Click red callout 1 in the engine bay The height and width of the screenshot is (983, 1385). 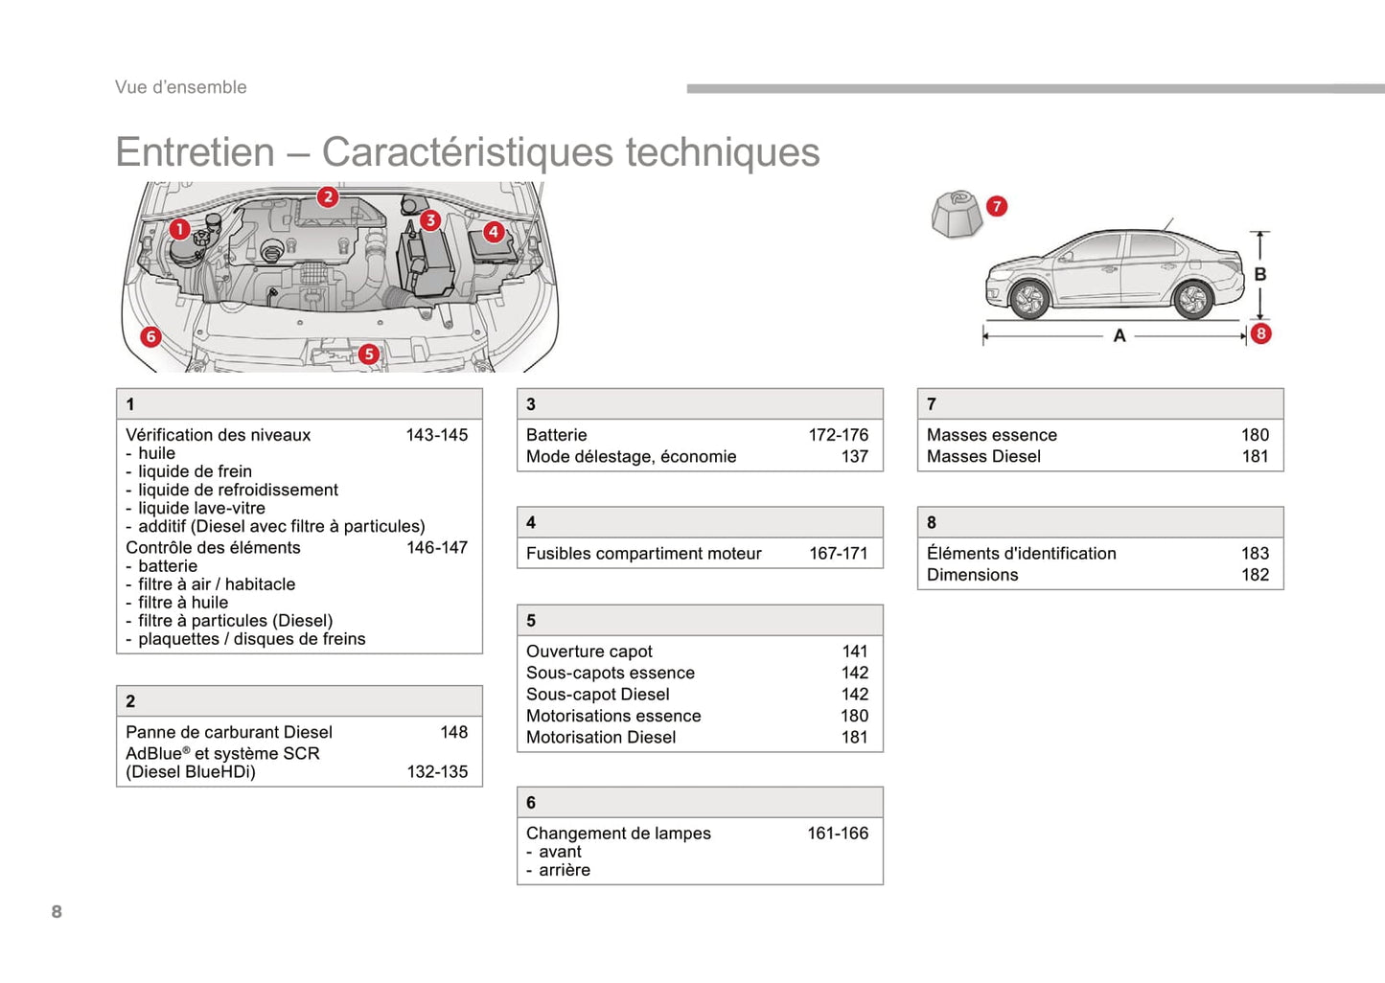tap(179, 229)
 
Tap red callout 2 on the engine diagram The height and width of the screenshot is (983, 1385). tap(328, 197)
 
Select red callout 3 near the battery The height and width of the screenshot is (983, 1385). tap(430, 220)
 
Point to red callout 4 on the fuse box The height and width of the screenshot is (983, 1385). tap(494, 231)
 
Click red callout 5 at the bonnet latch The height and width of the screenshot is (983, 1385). tap(369, 354)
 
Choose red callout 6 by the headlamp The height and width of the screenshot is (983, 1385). tap(150, 336)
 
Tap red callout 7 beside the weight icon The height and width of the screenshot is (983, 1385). tap(997, 206)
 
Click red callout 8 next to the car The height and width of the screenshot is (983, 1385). tap(1261, 333)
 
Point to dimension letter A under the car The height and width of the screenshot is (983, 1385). tap(1120, 336)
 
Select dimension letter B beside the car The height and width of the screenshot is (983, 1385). tap(1260, 274)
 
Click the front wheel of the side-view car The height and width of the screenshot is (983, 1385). tap(1029, 300)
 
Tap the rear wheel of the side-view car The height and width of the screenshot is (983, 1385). tap(1193, 300)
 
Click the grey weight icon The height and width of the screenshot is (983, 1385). tap(957, 214)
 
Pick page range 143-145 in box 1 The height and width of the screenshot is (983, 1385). tap(436, 435)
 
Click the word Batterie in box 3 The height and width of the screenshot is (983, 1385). tap(556, 435)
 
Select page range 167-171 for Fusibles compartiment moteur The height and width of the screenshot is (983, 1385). tap(838, 554)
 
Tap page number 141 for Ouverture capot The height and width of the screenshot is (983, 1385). tap(854, 652)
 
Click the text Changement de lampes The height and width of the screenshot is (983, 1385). tap(618, 834)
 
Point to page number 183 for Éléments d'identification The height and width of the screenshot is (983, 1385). tap(1255, 554)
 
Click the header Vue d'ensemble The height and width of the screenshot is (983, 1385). tap(181, 87)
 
